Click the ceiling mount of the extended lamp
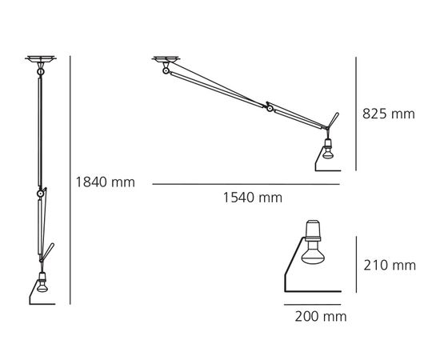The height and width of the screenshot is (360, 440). point(168,58)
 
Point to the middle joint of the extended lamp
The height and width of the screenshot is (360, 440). point(271,108)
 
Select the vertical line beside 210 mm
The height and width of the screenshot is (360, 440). point(354,263)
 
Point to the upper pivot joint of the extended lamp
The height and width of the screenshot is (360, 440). point(166,72)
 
